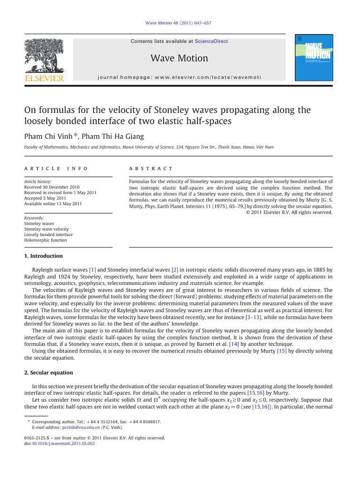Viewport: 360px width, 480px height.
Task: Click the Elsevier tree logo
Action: coord(44,55)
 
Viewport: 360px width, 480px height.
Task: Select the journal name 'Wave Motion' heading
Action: coord(179,58)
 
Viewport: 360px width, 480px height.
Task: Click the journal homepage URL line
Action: coord(180,77)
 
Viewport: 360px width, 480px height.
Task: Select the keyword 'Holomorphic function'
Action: coord(45,240)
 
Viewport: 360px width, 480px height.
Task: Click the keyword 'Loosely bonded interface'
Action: coord(48,235)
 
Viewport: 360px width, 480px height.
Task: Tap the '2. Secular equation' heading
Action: coord(48,373)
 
